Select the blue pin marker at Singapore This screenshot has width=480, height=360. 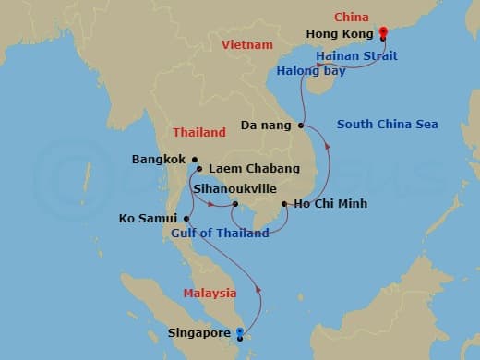tap(240, 332)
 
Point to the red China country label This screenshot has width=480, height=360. tap(352, 17)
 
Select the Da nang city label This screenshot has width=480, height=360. tap(266, 125)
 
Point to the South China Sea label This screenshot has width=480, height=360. tap(387, 125)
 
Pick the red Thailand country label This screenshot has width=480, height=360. tap(198, 133)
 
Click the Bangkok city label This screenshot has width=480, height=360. tap(159, 160)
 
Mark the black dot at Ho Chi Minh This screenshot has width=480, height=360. tap(283, 203)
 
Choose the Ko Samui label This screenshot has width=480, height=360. tap(149, 219)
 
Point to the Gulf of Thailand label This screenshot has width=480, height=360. tap(220, 234)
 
